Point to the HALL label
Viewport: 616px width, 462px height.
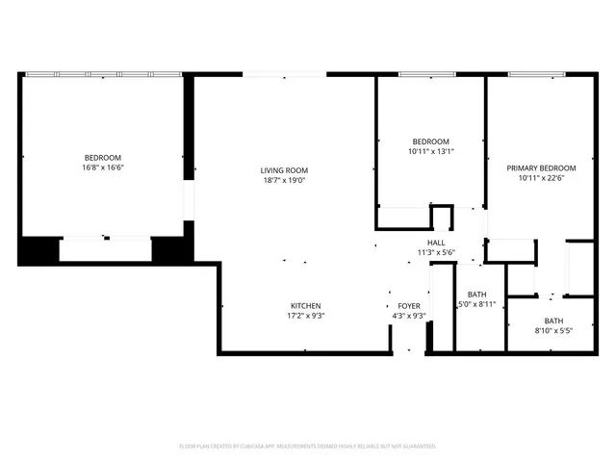click(435, 243)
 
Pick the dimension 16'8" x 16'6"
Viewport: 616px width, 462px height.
click(103, 167)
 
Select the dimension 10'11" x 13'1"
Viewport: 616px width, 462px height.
click(430, 151)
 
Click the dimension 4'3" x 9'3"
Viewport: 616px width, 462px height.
click(406, 316)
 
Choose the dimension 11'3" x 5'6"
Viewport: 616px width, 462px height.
click(435, 252)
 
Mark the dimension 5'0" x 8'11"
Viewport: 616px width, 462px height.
click(477, 304)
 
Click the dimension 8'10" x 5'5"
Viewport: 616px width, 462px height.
click(553, 331)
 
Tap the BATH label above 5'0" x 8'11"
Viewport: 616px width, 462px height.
click(477, 295)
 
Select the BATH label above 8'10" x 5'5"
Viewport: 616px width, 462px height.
click(553, 321)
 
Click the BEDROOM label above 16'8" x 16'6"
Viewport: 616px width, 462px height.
click(103, 158)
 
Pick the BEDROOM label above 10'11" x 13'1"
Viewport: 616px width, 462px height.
click(430, 141)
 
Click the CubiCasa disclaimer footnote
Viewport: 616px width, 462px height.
click(308, 447)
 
